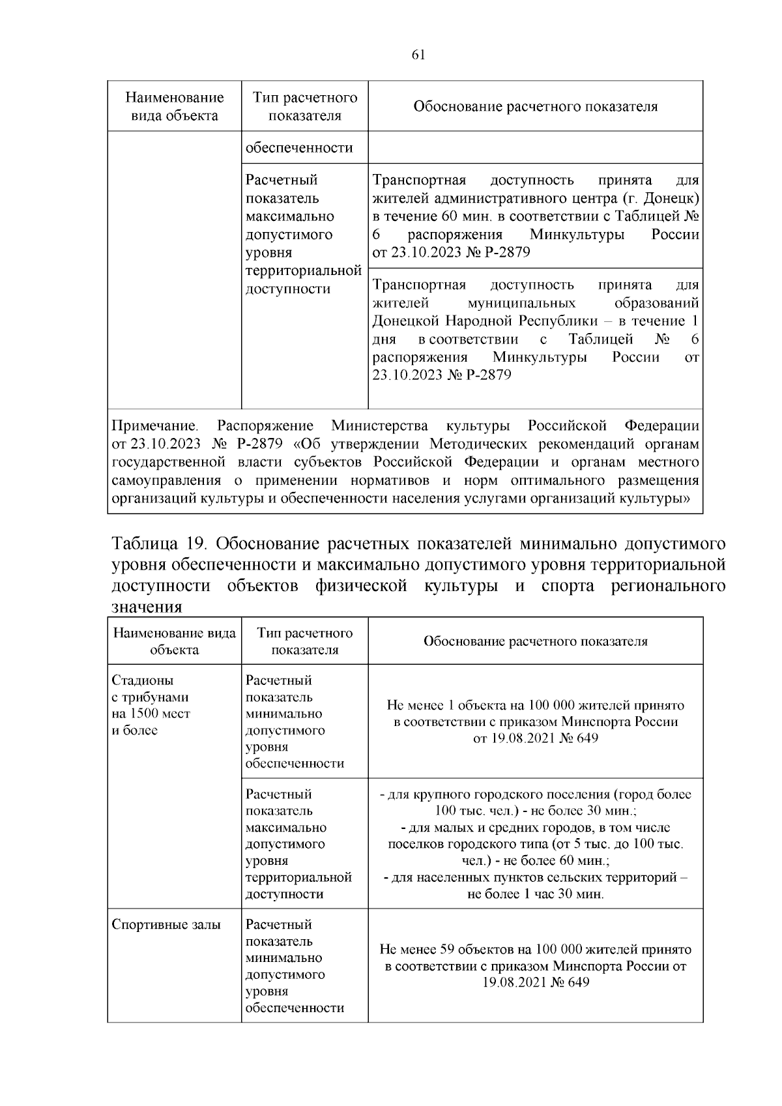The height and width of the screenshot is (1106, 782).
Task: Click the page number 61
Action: [418, 55]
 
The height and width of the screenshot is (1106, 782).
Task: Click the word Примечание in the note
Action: [154, 426]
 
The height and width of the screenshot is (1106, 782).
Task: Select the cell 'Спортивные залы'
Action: [166, 924]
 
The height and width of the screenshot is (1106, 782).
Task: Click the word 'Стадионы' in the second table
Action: [143, 680]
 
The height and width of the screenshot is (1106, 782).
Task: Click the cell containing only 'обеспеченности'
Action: [299, 147]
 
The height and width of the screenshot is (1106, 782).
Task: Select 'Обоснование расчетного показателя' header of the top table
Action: [535, 106]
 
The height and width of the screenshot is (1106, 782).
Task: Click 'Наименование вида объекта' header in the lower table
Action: [174, 641]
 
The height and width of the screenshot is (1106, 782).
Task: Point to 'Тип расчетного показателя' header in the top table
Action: [305, 106]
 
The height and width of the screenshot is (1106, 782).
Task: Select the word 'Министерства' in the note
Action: [380, 426]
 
